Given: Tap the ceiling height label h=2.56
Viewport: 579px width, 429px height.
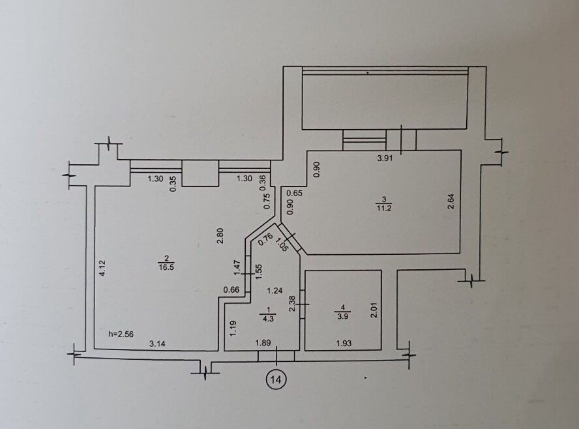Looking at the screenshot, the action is coord(121,334).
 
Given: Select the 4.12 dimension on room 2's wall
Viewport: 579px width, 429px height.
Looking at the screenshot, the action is coord(103,268).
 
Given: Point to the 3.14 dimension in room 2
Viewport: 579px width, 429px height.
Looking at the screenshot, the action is coord(157,344).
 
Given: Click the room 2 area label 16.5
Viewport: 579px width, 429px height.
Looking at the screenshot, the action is coord(166,267).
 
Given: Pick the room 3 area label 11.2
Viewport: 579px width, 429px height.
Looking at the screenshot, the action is coord(384,208).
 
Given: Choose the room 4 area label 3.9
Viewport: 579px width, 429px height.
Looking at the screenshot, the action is coord(343,316).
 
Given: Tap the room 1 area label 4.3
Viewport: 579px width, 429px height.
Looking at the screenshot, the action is coord(268,318).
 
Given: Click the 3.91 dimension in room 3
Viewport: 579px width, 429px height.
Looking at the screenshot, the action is coord(385,158).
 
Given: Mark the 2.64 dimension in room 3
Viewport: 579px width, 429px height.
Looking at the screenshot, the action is coord(451,201).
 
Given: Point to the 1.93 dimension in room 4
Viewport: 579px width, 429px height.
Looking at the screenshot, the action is coord(344,344).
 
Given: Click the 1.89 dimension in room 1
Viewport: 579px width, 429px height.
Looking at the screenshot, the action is coord(263,343).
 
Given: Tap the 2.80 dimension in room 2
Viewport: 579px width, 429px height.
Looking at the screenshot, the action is coord(220,236).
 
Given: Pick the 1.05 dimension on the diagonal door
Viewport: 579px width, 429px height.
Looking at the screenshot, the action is coord(282,244).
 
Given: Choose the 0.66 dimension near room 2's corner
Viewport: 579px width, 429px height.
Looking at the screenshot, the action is coord(231,290).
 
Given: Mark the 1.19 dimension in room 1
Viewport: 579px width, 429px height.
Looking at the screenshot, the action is coord(233,329).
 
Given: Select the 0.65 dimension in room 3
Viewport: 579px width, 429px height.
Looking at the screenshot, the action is coord(295,192).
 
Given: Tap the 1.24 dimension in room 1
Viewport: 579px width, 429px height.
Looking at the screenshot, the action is coord(275,291).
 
